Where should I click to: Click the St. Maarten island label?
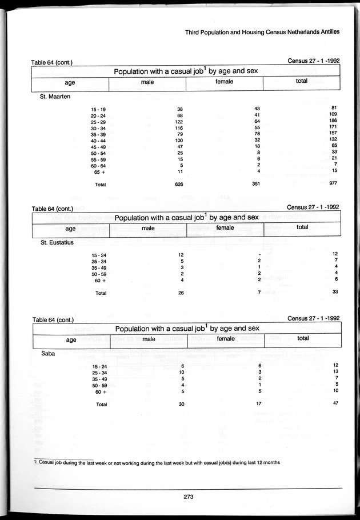tap(56, 97)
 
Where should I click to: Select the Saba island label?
tap(49, 354)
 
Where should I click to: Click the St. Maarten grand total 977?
tap(335, 184)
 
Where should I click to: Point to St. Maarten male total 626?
tap(178, 184)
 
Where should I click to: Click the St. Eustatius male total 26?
tap(180, 293)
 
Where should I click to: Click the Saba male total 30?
tap(180, 404)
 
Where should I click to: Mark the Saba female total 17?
tap(258, 403)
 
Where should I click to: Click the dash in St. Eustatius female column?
tap(259, 254)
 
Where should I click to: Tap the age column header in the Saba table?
tap(71, 339)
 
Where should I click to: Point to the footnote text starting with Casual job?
tap(156, 463)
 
